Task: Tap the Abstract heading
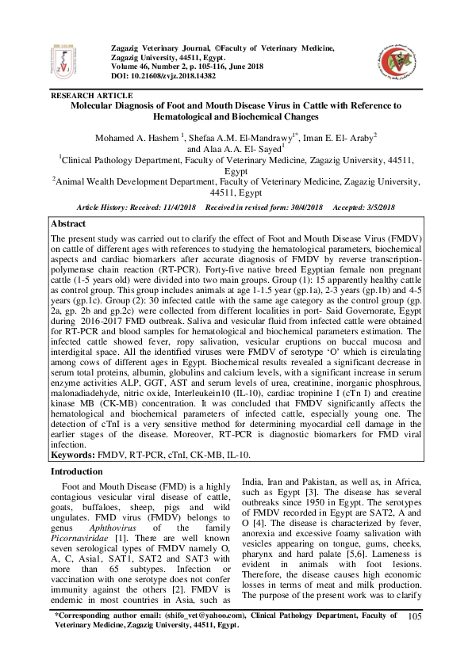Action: coord(70,224)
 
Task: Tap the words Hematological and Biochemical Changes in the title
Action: coord(236,116)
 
